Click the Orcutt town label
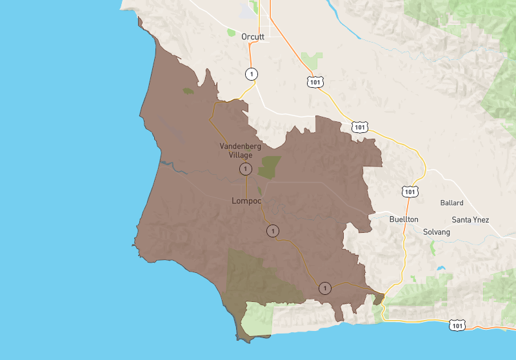(x=253, y=37)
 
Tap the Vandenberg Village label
(x=240, y=150)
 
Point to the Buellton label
(x=404, y=219)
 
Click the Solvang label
(x=437, y=232)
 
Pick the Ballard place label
(x=451, y=203)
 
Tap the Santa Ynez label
(x=470, y=220)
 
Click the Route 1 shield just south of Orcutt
(x=251, y=74)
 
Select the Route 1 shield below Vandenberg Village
(x=245, y=169)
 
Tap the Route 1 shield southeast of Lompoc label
(x=273, y=230)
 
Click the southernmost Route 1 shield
(x=325, y=288)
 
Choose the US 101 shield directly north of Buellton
(x=410, y=192)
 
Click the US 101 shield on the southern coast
(x=457, y=326)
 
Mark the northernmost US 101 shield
(x=315, y=82)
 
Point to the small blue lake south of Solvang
(x=441, y=268)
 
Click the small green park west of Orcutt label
(x=231, y=31)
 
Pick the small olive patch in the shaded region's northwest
(x=188, y=92)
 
